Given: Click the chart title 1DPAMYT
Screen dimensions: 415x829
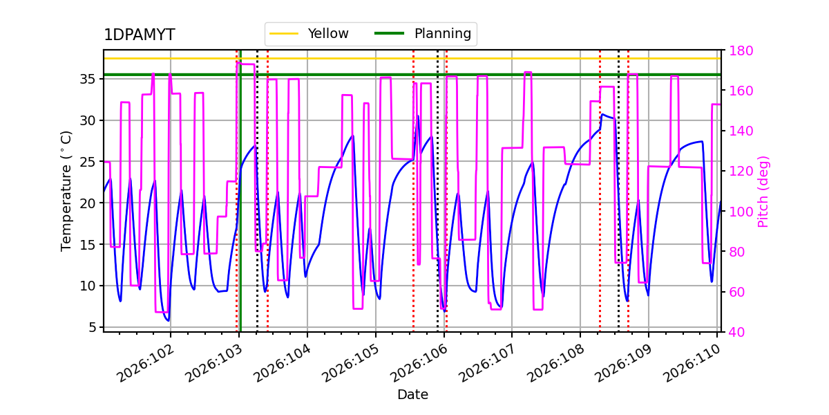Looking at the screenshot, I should point(139,35).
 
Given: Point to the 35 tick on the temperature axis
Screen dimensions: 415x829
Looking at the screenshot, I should point(87,79).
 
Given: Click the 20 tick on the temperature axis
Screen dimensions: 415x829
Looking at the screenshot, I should point(87,203).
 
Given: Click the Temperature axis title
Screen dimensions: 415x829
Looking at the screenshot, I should point(66,190).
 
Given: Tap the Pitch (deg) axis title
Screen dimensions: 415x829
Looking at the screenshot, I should point(763,192).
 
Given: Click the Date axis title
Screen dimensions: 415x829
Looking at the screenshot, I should point(412,395).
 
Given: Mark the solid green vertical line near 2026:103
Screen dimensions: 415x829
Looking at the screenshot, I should point(240,207).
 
